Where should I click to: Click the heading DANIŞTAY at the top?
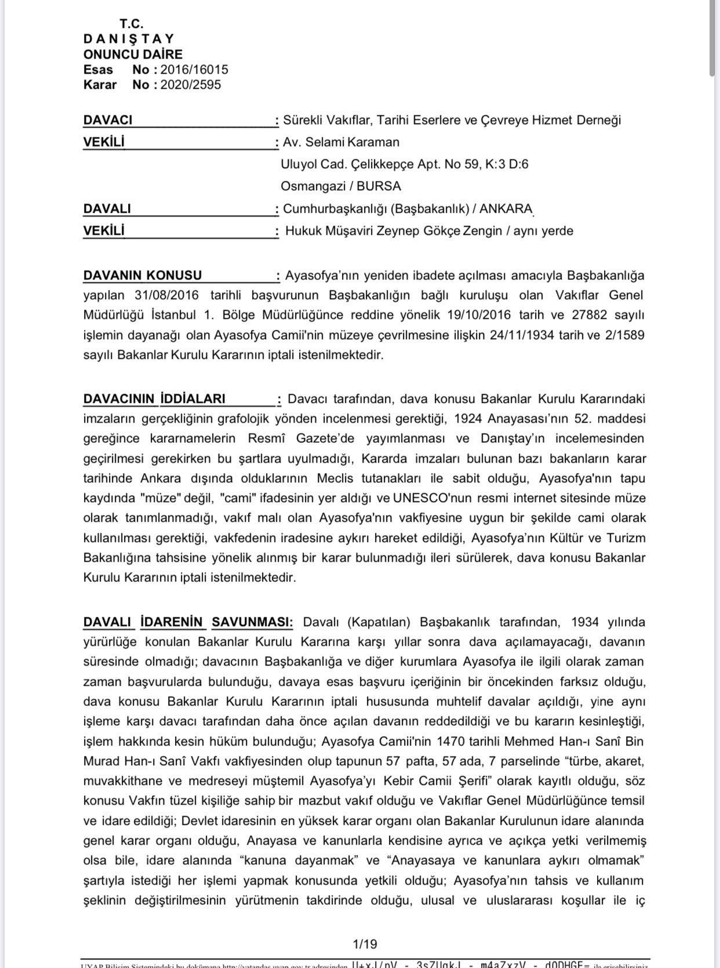coord(129,39)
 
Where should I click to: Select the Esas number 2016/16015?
coord(194,70)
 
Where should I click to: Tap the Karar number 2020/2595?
coord(190,85)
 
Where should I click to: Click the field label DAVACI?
coord(108,120)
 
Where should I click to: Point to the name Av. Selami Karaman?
coord(341,142)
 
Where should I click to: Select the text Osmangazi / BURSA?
coord(341,186)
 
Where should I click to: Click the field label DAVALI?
coord(107,208)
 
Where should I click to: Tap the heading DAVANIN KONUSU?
coord(143,275)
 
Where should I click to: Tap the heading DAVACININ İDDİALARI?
coord(154,399)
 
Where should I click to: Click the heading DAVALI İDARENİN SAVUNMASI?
coord(188,622)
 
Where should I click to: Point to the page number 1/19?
coord(365,944)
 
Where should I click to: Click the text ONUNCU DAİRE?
coord(133,54)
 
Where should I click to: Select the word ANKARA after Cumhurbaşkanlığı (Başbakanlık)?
coord(510,208)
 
